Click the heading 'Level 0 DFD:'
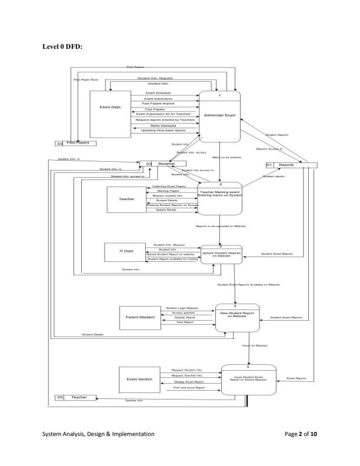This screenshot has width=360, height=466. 62,46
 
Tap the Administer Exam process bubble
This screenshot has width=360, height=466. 219,115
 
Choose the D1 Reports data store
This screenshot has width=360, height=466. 286,165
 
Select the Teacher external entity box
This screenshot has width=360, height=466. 126,199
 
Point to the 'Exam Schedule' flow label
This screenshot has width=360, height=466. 158,93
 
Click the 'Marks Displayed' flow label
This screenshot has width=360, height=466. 159,125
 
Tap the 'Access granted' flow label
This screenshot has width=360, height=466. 184,312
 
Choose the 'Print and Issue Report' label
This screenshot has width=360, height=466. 189,388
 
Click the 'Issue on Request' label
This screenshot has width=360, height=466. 255,346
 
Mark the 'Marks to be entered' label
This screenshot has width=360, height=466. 227,157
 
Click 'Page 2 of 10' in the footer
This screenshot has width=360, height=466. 300,434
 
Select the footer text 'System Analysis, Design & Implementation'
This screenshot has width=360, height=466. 98,434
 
